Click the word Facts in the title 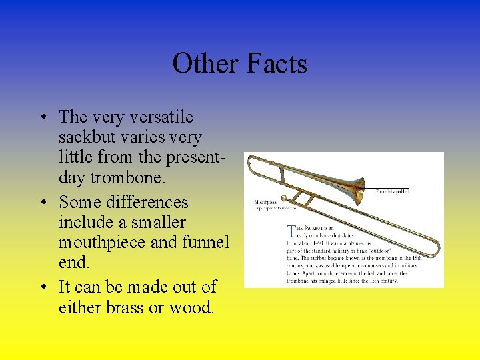[x=277, y=64]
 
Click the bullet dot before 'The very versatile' [x=42, y=118]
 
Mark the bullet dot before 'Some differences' [x=42, y=203]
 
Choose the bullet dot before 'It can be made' [x=42, y=287]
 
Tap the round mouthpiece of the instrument [x=284, y=198]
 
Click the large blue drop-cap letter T [x=291, y=231]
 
